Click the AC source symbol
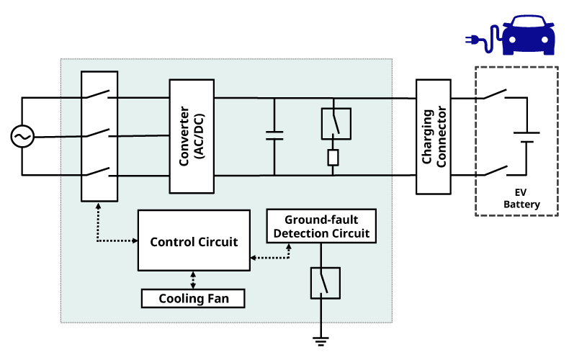pos(22,136)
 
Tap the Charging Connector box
pos(435,136)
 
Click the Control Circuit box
pos(194,240)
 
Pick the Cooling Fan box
pos(193,297)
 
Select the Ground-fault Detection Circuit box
pos(321,226)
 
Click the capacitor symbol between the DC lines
pos(274,135)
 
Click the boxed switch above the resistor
pos(335,123)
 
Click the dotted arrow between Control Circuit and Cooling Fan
pos(193,279)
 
